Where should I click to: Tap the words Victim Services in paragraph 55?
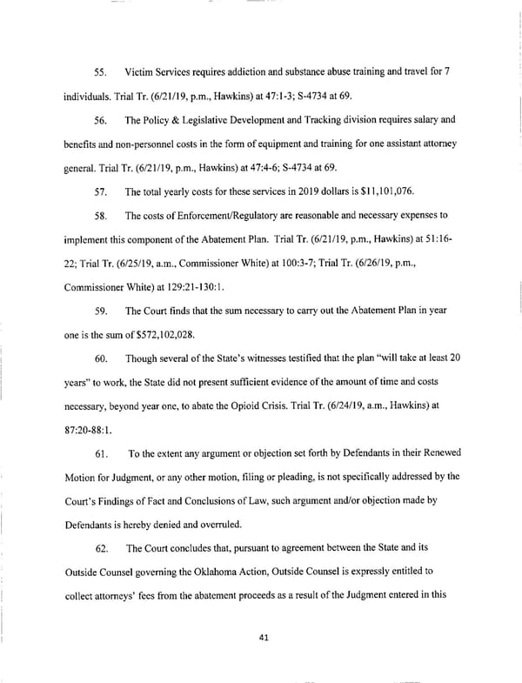158,70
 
